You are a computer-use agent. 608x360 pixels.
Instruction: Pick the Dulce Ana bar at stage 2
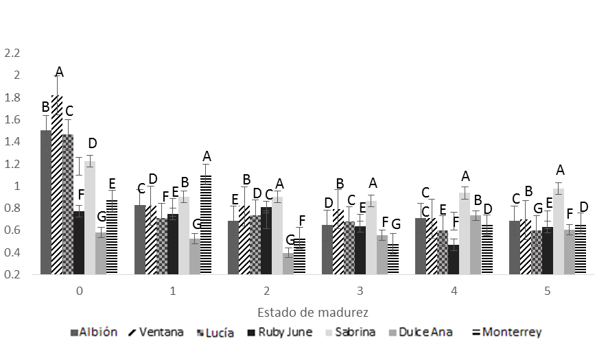point(288,263)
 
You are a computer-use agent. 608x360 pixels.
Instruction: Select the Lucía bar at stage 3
point(349,248)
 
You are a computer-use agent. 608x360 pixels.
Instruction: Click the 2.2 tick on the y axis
point(12,53)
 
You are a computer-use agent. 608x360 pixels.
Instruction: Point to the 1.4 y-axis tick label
point(12,142)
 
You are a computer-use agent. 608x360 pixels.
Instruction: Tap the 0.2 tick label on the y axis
point(12,275)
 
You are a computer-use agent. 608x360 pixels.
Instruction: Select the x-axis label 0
point(80,291)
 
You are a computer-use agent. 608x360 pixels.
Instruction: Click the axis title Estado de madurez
point(313,313)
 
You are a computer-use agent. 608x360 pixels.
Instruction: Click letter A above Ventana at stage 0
point(60,72)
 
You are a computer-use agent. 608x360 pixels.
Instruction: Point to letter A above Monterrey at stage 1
point(207,156)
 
